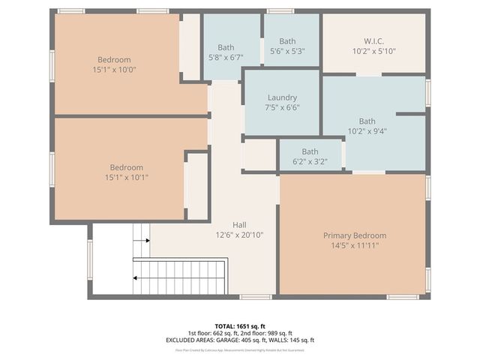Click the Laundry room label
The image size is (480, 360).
282,97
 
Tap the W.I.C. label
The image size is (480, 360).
373,41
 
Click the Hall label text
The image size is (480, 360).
239,224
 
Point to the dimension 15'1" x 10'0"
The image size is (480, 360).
114,69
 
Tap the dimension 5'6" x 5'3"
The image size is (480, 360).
287,51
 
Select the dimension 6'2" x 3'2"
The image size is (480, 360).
310,161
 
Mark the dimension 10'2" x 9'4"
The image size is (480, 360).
367,130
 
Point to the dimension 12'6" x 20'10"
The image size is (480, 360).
239,234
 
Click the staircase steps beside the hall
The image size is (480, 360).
180,277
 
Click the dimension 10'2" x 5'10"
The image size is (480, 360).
373,51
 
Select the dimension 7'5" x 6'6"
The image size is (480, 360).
282,107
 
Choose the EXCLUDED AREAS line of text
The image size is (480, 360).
239,340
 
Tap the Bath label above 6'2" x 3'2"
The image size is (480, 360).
310,151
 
